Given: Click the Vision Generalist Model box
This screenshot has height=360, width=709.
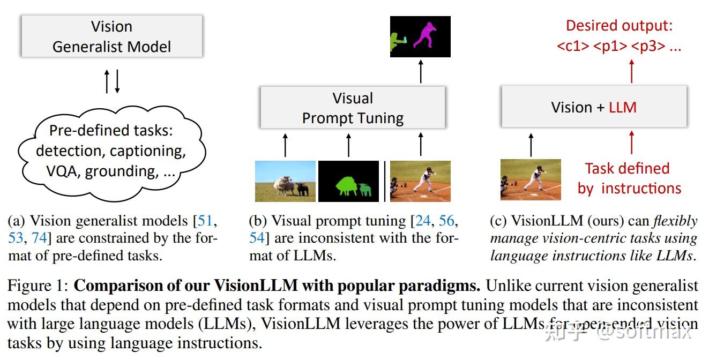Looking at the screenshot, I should pyautogui.click(x=111, y=36).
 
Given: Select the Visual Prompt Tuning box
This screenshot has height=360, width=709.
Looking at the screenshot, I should pyautogui.click(x=353, y=108).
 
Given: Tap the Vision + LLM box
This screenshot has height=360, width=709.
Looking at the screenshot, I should pyautogui.click(x=594, y=107).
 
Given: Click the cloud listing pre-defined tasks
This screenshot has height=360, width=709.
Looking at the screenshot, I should pyautogui.click(x=110, y=151).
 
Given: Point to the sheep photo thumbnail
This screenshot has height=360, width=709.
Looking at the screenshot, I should pyautogui.click(x=285, y=181).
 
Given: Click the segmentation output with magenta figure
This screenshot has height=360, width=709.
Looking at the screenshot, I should pyautogui.click(x=420, y=36).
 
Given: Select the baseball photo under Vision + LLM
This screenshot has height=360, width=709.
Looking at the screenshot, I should pyautogui.click(x=531, y=179).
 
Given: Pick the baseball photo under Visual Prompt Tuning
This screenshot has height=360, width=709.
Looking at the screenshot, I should pyautogui.click(x=420, y=181).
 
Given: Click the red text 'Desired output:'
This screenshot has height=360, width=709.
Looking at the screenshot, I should pyautogui.click(x=619, y=25).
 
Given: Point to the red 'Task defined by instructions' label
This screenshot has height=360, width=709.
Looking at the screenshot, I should pyautogui.click(x=629, y=178).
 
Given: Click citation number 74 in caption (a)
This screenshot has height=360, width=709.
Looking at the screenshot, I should pyautogui.click(x=40, y=238).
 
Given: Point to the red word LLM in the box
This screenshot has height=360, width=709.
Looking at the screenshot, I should pyautogui.click(x=623, y=107).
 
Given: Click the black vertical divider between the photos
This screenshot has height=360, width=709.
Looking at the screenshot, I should pyautogui.click(x=384, y=181).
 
